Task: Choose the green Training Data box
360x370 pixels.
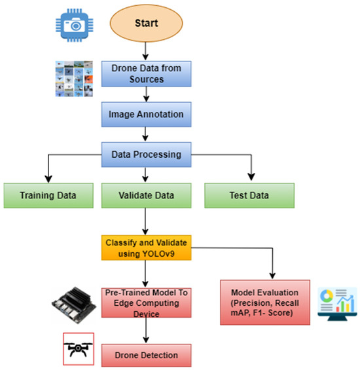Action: pyautogui.click(x=48, y=195)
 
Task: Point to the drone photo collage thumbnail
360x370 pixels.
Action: pyautogui.click(x=77, y=78)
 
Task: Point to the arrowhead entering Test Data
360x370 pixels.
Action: pyautogui.click(x=250, y=178)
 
